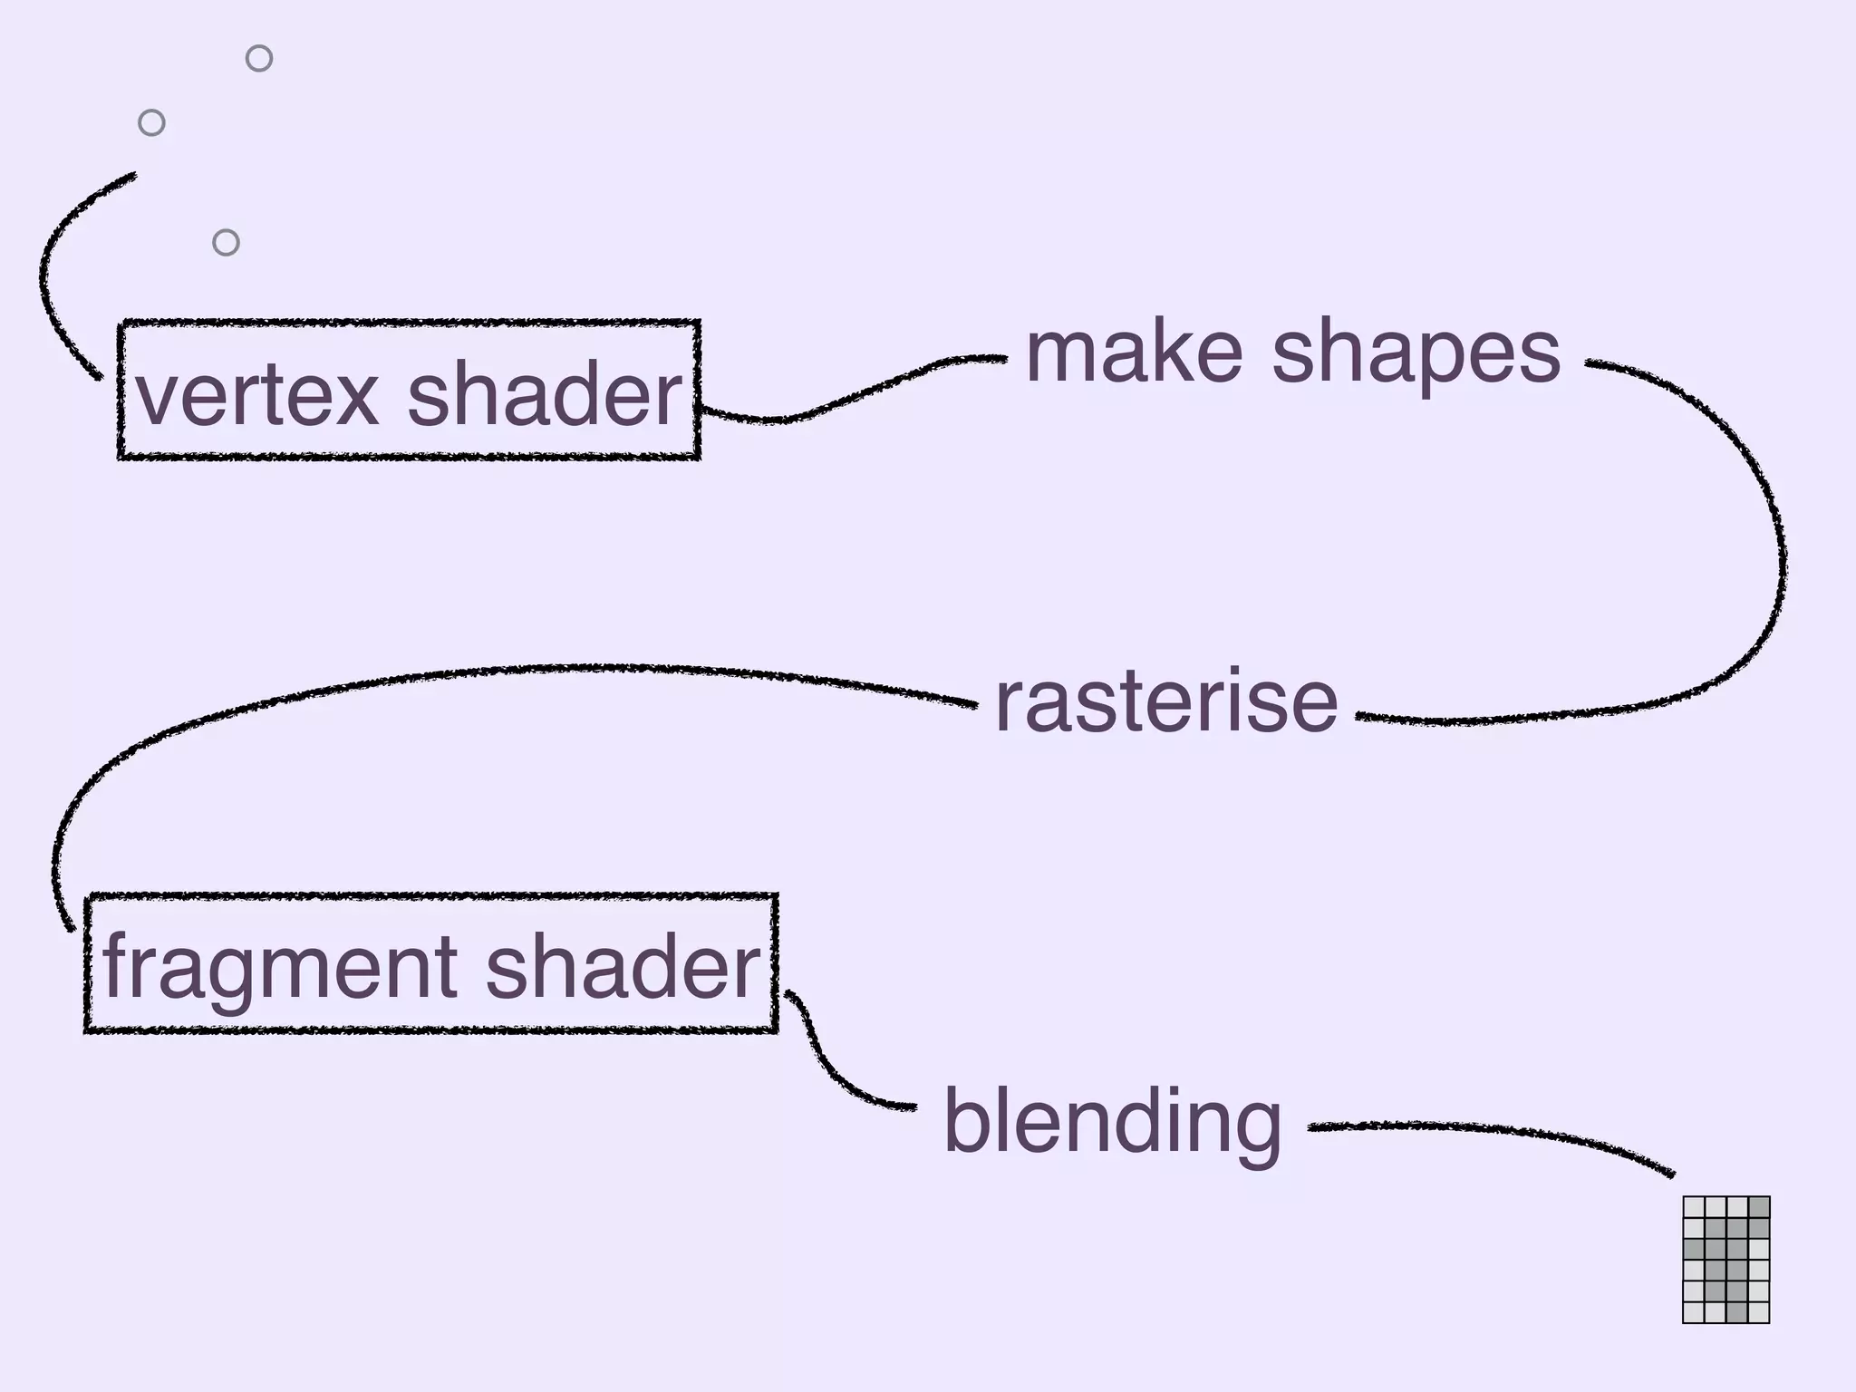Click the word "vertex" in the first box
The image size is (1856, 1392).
[256, 395]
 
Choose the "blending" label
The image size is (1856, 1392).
[1112, 1124]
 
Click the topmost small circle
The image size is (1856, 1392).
[259, 58]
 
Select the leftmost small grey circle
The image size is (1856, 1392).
[151, 122]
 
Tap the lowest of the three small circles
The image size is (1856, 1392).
[226, 242]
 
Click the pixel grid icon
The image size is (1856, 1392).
[1725, 1259]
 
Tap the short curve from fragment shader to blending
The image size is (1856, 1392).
[834, 1074]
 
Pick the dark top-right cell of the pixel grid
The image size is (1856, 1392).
[1758, 1207]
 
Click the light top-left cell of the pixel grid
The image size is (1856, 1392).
[1694, 1207]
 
